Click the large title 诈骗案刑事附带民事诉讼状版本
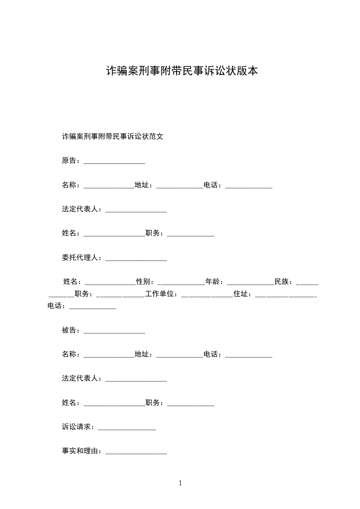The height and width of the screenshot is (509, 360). [x=182, y=71]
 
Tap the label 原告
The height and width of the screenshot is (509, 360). [x=71, y=160]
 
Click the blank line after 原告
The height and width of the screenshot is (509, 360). [x=114, y=162]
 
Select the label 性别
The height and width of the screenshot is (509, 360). [x=145, y=282]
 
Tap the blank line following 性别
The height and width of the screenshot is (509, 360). [x=181, y=284]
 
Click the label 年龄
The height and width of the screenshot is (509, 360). [x=214, y=282]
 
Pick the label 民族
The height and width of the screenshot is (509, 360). [x=283, y=282]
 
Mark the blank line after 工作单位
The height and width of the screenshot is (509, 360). [x=207, y=296]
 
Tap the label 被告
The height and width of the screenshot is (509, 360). [x=71, y=330]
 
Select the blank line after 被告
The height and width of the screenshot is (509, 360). [x=114, y=333]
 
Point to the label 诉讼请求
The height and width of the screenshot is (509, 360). [x=78, y=427]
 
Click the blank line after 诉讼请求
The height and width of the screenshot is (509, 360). [x=127, y=429]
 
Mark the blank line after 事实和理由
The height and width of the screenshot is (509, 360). [x=136, y=454]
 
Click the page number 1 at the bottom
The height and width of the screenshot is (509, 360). [x=180, y=484]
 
